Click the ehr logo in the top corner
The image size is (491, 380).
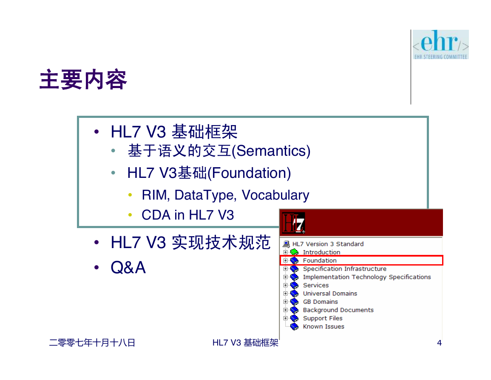[x=440, y=45]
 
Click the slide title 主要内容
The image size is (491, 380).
[x=83, y=80]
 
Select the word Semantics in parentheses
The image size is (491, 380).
[x=271, y=151]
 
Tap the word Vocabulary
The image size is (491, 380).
[x=275, y=195]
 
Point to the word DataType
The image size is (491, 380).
[x=204, y=195]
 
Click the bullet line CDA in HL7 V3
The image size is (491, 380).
[x=187, y=215]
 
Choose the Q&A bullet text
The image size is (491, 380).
[x=128, y=267]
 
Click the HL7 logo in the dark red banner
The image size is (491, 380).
[x=293, y=223]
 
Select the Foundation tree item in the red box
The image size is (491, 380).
[x=320, y=260]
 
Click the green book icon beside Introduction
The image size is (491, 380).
[x=294, y=252]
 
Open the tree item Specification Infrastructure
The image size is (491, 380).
[x=344, y=269]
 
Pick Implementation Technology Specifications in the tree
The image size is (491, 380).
[x=367, y=277]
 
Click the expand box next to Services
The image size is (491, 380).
[x=285, y=285]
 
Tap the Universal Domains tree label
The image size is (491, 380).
[x=330, y=294]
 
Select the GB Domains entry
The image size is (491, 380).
[x=321, y=302]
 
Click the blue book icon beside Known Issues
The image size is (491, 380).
[x=294, y=326]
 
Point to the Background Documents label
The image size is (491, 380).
[x=338, y=310]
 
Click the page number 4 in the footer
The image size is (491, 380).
[x=439, y=343]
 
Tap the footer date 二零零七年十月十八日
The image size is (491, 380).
[x=92, y=343]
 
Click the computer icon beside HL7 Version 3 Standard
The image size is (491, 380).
[x=286, y=244]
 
